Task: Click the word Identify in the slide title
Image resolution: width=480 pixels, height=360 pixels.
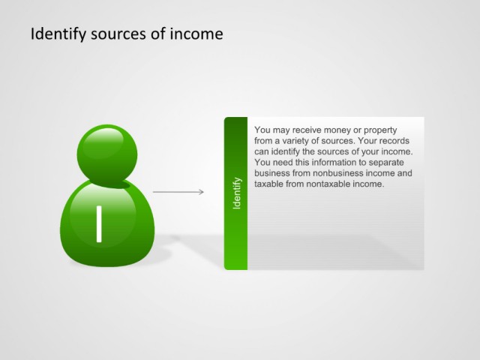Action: click(x=58, y=34)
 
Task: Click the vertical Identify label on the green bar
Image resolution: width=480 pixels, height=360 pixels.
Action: click(x=237, y=193)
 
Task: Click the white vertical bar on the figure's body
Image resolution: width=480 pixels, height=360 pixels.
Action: click(x=99, y=224)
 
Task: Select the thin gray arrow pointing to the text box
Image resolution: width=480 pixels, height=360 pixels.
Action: click(x=178, y=192)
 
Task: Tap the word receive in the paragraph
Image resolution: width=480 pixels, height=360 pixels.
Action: click(x=307, y=130)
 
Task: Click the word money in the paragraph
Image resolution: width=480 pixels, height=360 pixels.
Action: click(x=337, y=130)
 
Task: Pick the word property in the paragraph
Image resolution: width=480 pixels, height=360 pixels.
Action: click(x=380, y=130)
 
